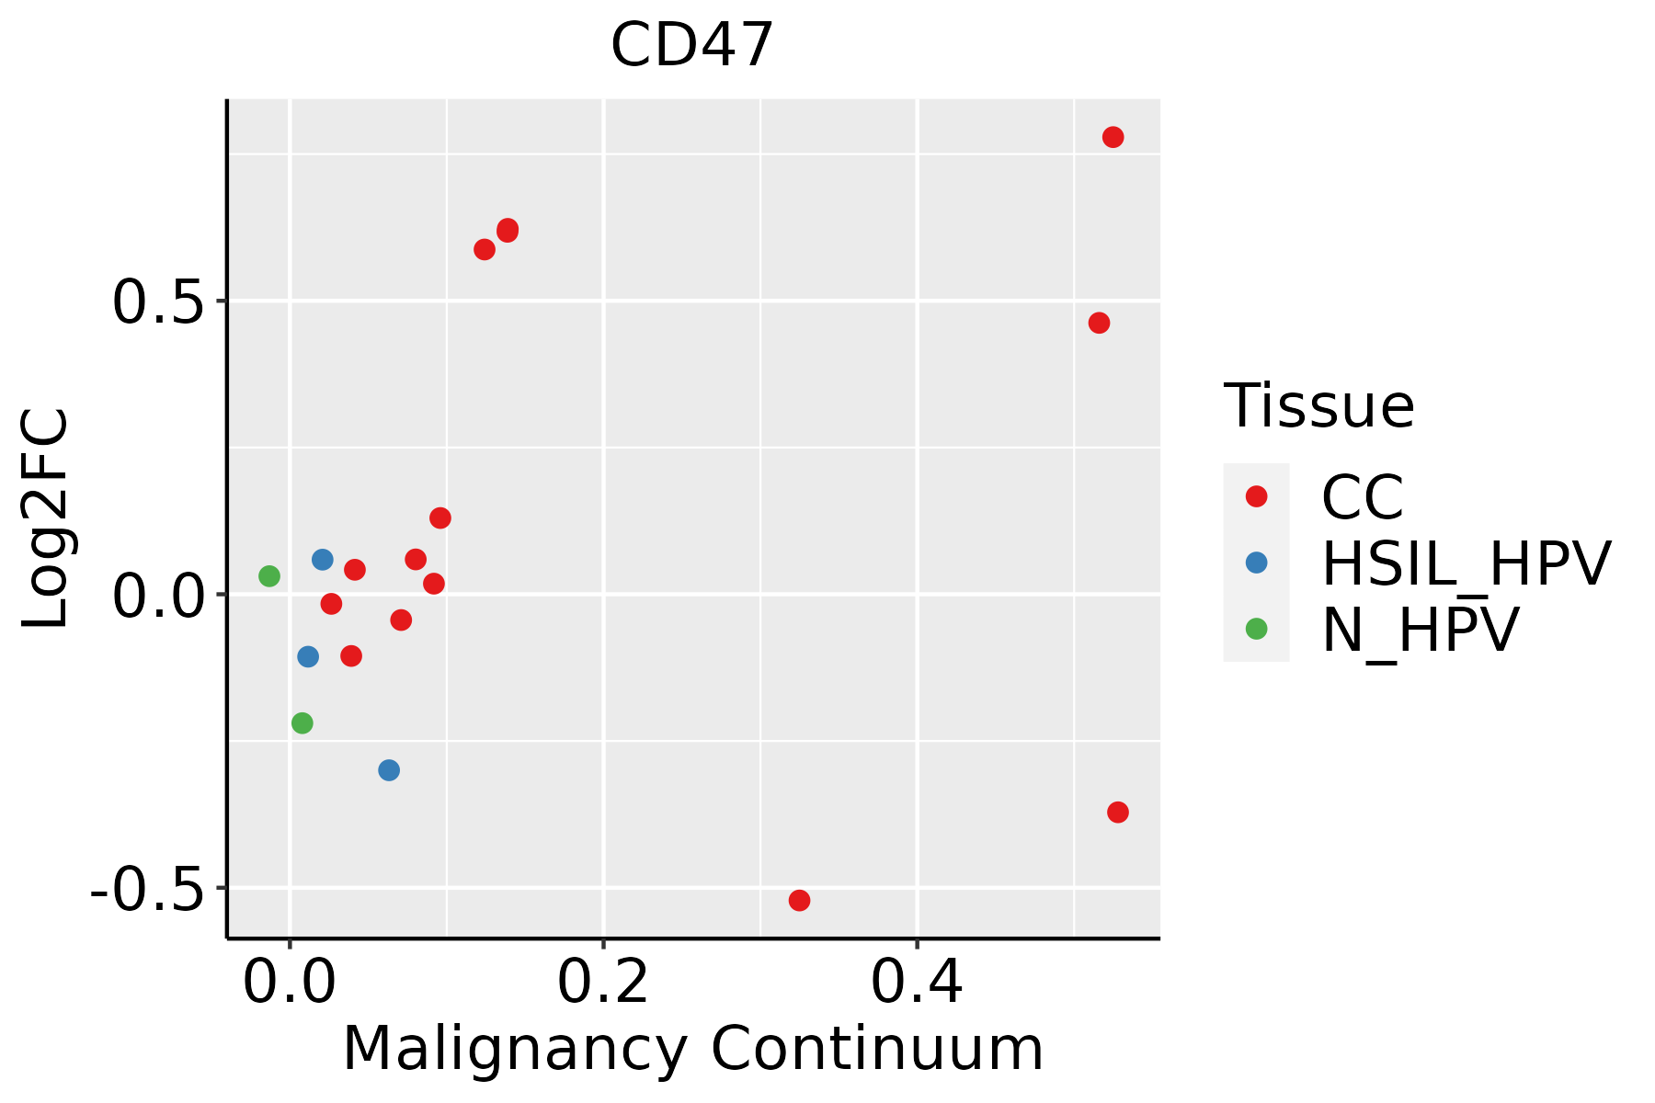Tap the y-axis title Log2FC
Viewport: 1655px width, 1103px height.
pos(46,519)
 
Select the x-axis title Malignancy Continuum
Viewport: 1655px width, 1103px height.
pos(692,1050)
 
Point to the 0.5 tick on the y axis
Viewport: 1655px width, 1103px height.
pos(155,302)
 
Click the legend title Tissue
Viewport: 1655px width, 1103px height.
pos(1318,406)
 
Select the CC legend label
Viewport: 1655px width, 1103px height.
pos(1362,497)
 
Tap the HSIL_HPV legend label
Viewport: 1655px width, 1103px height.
pos(1466,563)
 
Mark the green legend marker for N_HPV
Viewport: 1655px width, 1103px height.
pos(1256,629)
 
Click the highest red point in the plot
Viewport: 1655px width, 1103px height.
pos(1113,138)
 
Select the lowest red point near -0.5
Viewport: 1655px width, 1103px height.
pos(799,900)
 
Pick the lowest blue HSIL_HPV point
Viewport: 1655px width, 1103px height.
pos(389,770)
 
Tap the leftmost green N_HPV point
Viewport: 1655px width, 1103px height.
pos(268,576)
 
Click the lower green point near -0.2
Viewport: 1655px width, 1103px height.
pos(302,723)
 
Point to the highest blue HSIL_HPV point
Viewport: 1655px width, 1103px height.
pos(322,560)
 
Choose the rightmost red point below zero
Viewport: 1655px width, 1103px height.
pos(1118,813)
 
